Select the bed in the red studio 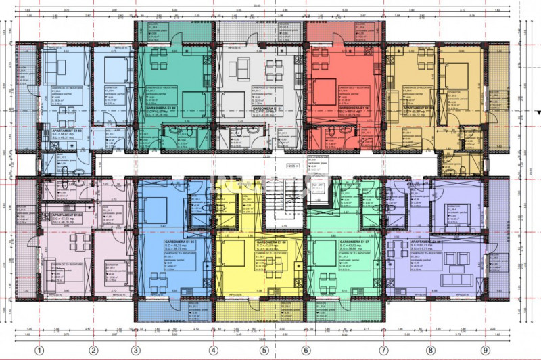point(325,89)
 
